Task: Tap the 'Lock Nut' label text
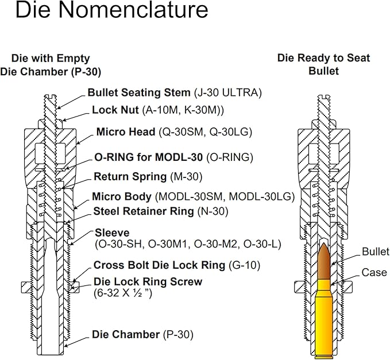(x=115, y=110)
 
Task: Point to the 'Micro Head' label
(x=126, y=132)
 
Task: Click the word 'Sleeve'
(x=112, y=233)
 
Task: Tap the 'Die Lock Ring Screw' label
(x=148, y=282)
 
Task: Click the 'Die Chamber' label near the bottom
(x=126, y=334)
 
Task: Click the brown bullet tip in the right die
(x=323, y=258)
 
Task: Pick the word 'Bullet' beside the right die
(x=375, y=251)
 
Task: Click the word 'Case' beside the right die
(x=373, y=273)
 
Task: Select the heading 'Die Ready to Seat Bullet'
(x=324, y=64)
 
